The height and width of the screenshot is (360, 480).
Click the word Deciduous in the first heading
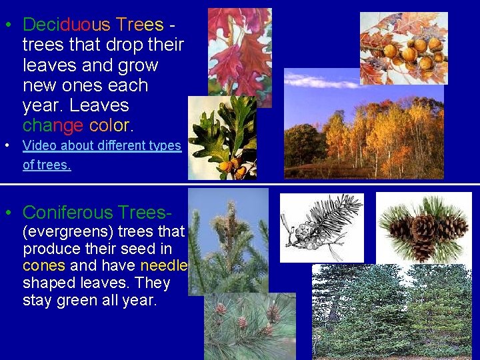pyautogui.click(x=67, y=25)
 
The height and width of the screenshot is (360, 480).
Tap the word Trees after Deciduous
pyautogui.click(x=139, y=25)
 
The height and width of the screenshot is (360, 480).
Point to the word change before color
pyautogui.click(x=53, y=125)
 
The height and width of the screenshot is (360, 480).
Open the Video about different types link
pyautogui.click(x=102, y=145)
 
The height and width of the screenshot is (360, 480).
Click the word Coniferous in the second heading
pyautogui.click(x=68, y=213)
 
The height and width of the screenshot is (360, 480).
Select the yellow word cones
pyautogui.click(x=43, y=266)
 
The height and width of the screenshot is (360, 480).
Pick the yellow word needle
pyautogui.click(x=165, y=266)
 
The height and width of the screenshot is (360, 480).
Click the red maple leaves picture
pyautogui.click(x=239, y=50)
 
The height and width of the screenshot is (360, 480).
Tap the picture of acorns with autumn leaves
pyautogui.click(x=403, y=47)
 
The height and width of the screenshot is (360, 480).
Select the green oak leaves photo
pyautogui.click(x=221, y=138)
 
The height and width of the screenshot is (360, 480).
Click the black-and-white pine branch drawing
pyautogui.click(x=321, y=227)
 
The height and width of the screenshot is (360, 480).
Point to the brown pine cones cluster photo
pyautogui.click(x=423, y=228)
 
